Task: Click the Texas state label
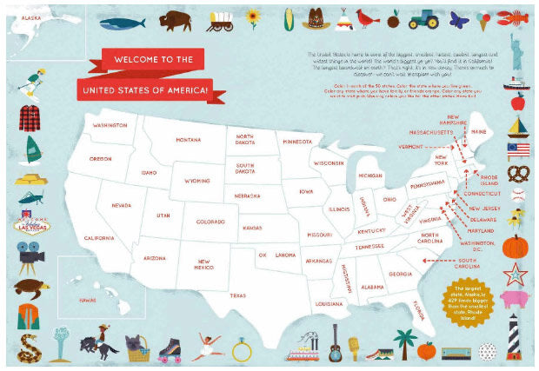[x=237, y=295]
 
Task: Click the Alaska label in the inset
[x=31, y=17]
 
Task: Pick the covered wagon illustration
[x=226, y=17]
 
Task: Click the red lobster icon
[x=517, y=17]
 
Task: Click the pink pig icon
[x=517, y=299]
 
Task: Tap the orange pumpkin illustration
[x=516, y=246]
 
